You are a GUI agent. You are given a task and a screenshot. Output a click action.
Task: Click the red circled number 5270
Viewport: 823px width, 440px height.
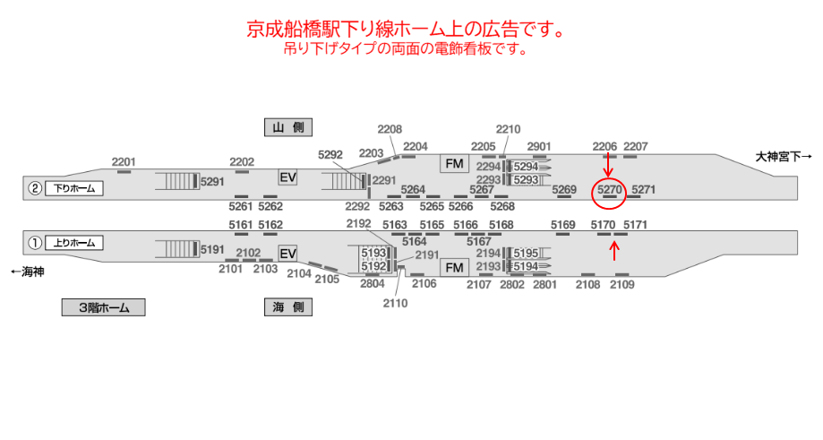click(609, 190)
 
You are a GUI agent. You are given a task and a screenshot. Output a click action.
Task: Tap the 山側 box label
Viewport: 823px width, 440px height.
click(287, 127)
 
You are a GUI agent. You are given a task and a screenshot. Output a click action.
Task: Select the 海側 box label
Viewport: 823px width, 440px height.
click(287, 307)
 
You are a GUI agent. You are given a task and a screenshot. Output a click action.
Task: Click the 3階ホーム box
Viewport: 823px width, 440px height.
click(103, 307)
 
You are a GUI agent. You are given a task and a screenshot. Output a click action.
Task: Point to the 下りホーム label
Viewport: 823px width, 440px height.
click(74, 188)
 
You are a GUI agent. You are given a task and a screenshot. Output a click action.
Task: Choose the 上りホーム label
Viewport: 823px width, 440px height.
click(74, 242)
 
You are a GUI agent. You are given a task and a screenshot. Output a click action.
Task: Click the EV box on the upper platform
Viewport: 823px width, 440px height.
click(287, 177)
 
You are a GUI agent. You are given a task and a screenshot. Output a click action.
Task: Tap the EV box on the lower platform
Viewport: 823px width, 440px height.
click(287, 255)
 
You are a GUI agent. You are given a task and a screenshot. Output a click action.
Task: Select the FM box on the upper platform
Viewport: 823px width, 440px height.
click(455, 164)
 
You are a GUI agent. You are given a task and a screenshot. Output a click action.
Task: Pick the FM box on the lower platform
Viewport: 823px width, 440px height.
click(455, 268)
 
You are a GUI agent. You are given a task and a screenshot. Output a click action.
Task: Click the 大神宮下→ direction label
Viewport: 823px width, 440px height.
click(784, 156)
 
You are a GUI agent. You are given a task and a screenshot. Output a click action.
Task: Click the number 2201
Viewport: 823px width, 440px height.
click(124, 161)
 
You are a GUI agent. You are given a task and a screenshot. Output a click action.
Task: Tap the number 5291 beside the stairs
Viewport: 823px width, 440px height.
click(213, 181)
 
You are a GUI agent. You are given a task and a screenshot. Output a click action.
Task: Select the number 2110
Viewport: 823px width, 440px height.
click(395, 303)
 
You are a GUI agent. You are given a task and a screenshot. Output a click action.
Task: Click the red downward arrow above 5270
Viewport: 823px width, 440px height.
click(608, 164)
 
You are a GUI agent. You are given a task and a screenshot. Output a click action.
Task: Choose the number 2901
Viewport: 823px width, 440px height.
click(539, 146)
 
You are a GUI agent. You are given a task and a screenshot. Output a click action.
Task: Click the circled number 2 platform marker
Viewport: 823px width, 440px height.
click(35, 188)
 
